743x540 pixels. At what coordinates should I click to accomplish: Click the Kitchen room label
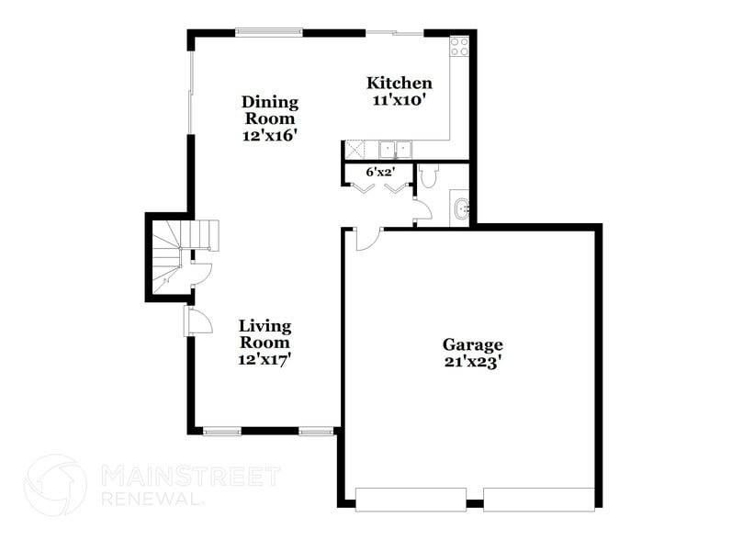(x=400, y=83)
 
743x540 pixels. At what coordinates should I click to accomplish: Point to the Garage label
(x=473, y=345)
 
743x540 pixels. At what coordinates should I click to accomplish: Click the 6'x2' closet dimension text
(x=379, y=172)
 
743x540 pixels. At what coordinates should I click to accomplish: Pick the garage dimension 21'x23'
(x=473, y=362)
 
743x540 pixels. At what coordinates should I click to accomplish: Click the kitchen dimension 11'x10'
(x=400, y=100)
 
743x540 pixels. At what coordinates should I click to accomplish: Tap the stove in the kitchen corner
(x=458, y=46)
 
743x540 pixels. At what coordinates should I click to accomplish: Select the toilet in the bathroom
(x=429, y=175)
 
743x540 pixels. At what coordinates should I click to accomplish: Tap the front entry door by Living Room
(x=197, y=321)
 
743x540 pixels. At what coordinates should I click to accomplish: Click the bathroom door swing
(x=422, y=210)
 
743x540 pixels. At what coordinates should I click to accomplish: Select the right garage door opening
(x=539, y=500)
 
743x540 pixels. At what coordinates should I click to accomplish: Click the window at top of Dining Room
(x=269, y=33)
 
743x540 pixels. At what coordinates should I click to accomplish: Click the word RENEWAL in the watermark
(x=151, y=499)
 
